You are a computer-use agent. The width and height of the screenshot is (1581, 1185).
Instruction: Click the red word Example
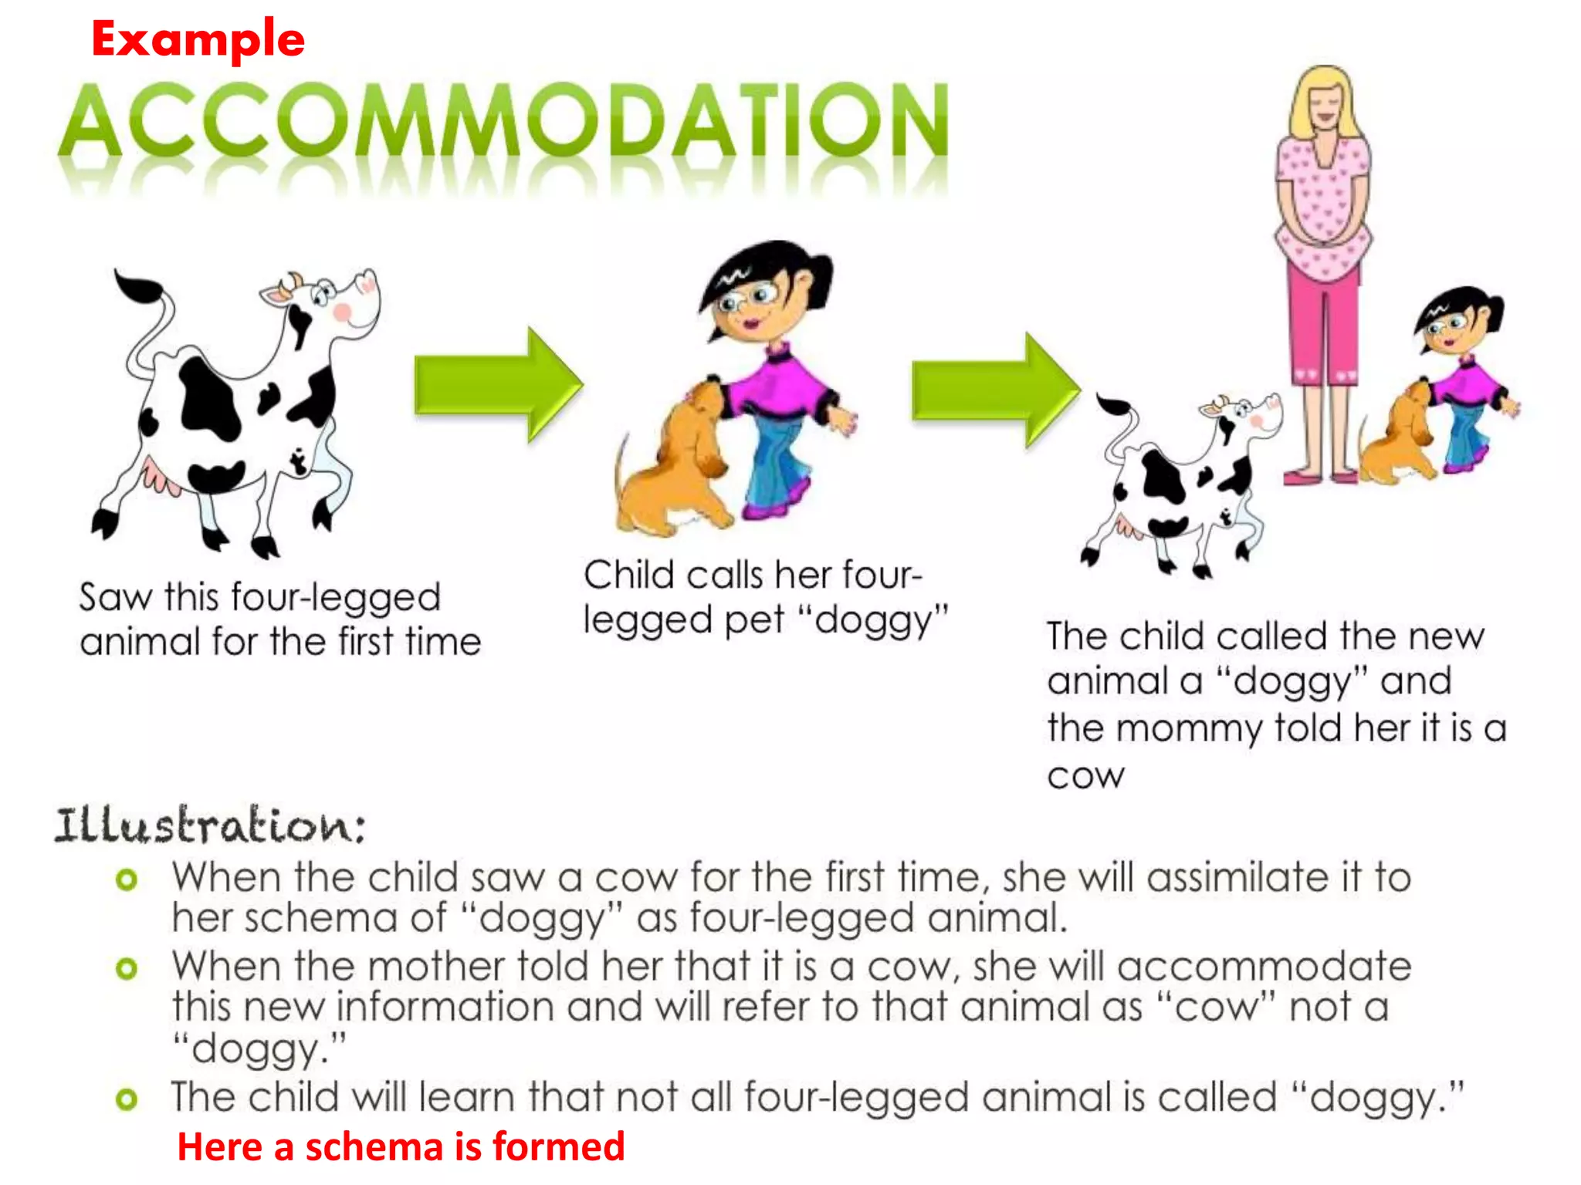point(198,39)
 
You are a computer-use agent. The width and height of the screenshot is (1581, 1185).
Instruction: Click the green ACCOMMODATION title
point(503,121)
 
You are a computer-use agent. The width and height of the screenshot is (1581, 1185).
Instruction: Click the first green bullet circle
point(127,879)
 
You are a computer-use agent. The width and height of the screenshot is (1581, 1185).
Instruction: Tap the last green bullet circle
point(127,1099)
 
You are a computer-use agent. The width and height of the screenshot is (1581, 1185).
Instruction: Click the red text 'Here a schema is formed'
point(401,1146)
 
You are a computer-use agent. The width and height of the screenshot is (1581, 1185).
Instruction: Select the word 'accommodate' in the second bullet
point(1264,967)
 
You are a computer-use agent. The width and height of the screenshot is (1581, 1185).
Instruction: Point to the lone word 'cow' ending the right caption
point(1085,775)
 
